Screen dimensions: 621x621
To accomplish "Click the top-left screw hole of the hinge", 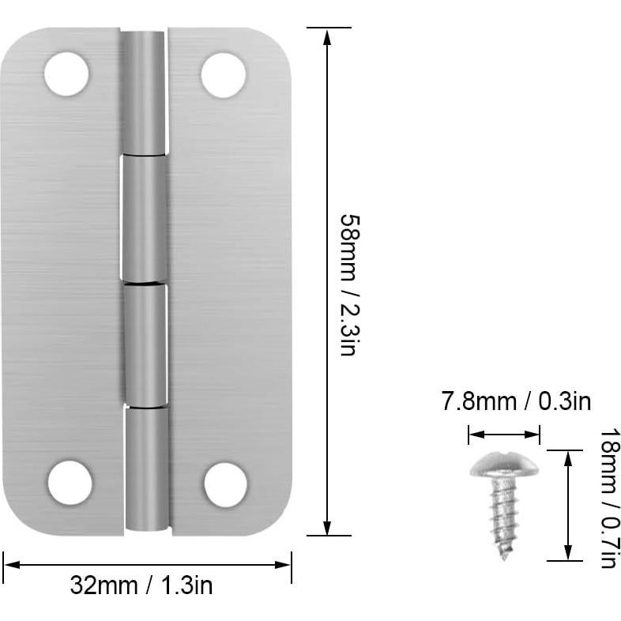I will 66,74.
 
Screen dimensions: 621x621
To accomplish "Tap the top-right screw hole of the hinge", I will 223,75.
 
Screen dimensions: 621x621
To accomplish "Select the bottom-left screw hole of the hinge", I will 70,483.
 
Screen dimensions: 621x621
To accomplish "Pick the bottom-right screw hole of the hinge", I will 226,484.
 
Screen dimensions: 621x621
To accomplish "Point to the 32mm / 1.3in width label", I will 141,585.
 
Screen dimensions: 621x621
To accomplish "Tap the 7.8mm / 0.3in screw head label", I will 516,401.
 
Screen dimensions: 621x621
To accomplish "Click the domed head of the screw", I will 503,465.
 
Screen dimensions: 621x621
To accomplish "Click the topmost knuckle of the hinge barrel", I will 144,93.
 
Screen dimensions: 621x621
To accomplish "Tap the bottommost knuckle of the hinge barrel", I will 147,468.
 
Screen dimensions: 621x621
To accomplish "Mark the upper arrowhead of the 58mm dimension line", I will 328,34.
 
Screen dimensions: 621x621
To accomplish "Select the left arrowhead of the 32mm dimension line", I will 9,565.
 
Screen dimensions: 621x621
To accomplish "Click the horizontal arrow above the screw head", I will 503,433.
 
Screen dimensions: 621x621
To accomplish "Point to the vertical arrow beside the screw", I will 566,506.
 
